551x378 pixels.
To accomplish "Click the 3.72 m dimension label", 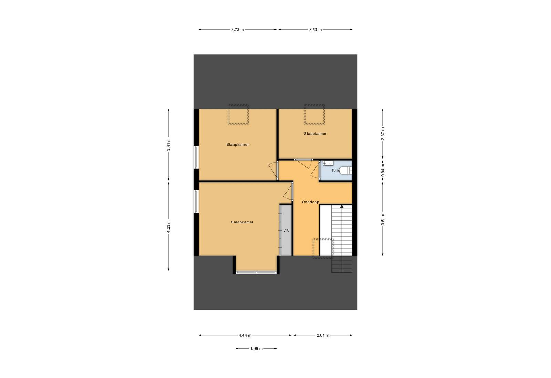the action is [x=238, y=30].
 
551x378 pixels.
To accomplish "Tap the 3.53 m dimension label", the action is [x=315, y=30].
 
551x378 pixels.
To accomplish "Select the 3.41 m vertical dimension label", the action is [x=168, y=145].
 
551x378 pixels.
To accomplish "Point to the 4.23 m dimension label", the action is [x=168, y=226].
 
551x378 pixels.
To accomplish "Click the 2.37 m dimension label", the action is [x=383, y=134].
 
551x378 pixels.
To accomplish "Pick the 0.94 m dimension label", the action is [x=383, y=170].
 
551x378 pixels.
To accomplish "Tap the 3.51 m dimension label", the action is [x=383, y=218].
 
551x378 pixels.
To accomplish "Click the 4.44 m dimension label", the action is [x=245, y=335].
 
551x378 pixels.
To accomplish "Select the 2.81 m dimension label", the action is [x=323, y=335].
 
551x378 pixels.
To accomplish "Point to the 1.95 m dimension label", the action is [x=256, y=348].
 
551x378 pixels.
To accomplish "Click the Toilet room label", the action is [x=336, y=170].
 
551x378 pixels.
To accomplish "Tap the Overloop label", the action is [x=310, y=202].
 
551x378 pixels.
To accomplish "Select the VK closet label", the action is [x=286, y=230].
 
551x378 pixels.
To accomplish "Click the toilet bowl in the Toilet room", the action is [x=346, y=170].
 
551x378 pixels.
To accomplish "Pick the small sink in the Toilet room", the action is [x=328, y=163].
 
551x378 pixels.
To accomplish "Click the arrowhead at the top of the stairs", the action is [x=342, y=206].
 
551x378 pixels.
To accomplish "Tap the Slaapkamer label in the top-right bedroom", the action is [x=315, y=134].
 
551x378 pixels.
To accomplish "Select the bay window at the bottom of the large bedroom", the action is [x=256, y=272].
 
